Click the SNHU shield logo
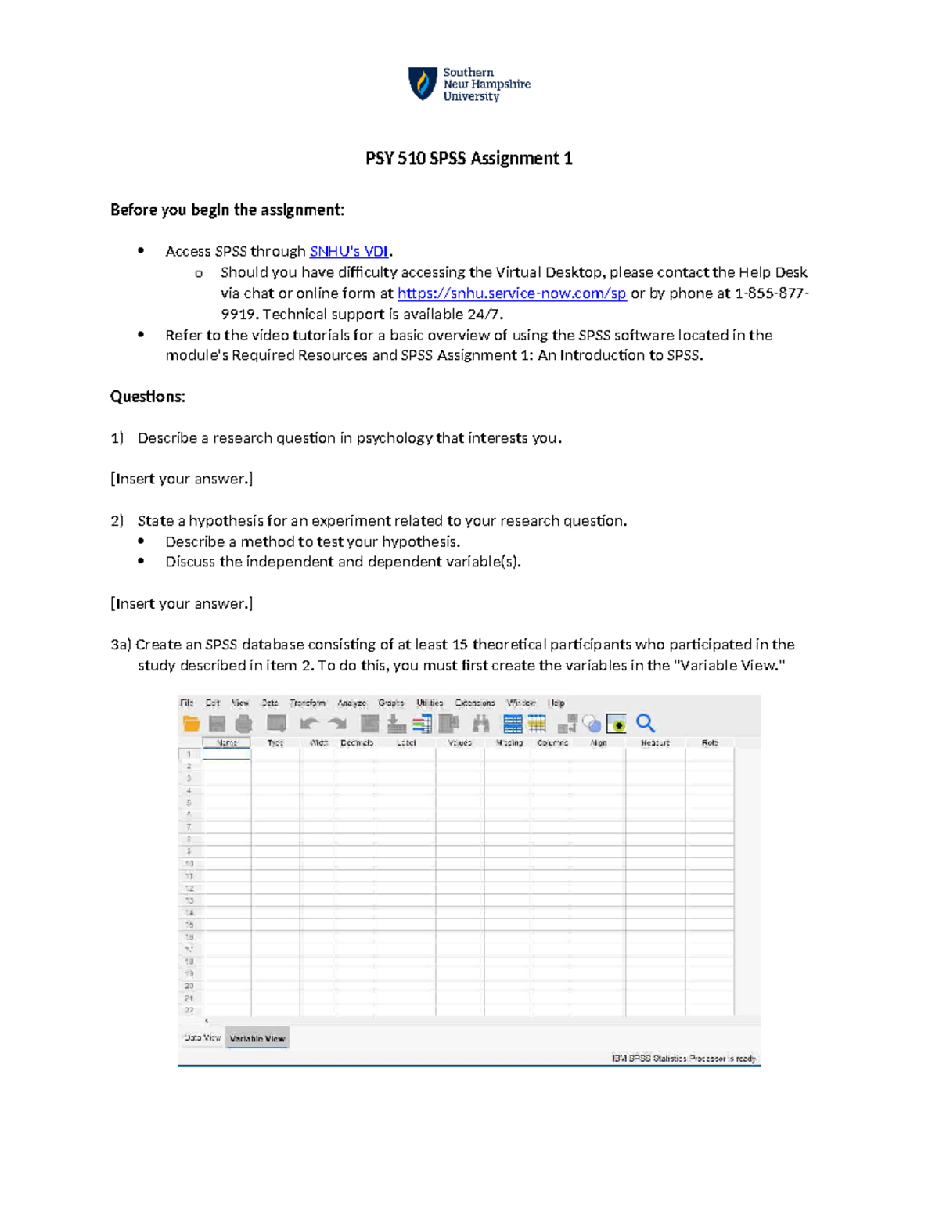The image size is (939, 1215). coord(423,84)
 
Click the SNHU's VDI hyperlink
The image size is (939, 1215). coord(349,251)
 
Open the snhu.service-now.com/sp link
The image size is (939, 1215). coord(512,293)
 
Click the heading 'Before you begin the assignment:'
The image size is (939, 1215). coord(227,210)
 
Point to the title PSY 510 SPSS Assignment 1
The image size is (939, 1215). coord(469,159)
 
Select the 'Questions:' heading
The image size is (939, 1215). coord(148,397)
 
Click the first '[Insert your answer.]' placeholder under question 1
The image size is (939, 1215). coord(182,479)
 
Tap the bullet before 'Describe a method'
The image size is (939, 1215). coord(142,541)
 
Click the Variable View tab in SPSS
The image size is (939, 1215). coord(257,1038)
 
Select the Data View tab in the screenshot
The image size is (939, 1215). coord(202,1037)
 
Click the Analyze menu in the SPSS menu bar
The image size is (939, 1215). coord(351,703)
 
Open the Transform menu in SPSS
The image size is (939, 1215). coord(308,703)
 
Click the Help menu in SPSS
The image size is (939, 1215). coord(556,703)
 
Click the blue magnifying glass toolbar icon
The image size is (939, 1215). coord(646,723)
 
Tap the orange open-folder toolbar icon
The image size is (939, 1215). coord(191,724)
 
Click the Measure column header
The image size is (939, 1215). coord(655,742)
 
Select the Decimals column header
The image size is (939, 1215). coord(357,742)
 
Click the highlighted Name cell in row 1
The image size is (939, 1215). coord(227,754)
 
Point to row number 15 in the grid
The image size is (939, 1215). coord(189,925)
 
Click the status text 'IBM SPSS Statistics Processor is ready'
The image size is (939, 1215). coord(684,1058)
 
